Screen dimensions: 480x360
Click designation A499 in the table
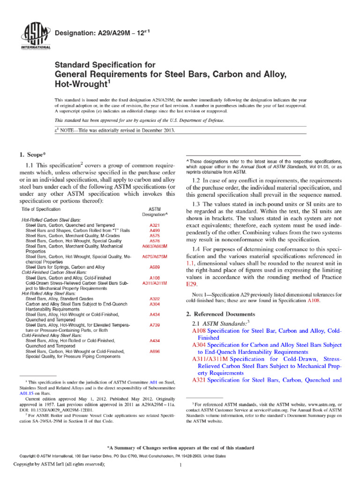(x=155, y=230)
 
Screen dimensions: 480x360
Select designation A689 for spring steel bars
(x=155, y=267)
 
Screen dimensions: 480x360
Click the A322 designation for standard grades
(x=155, y=299)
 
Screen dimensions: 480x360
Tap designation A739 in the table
(x=155, y=324)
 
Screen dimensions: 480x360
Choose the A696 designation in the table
(x=155, y=351)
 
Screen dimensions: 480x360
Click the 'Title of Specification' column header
(x=41, y=209)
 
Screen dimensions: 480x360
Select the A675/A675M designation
(x=155, y=256)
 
